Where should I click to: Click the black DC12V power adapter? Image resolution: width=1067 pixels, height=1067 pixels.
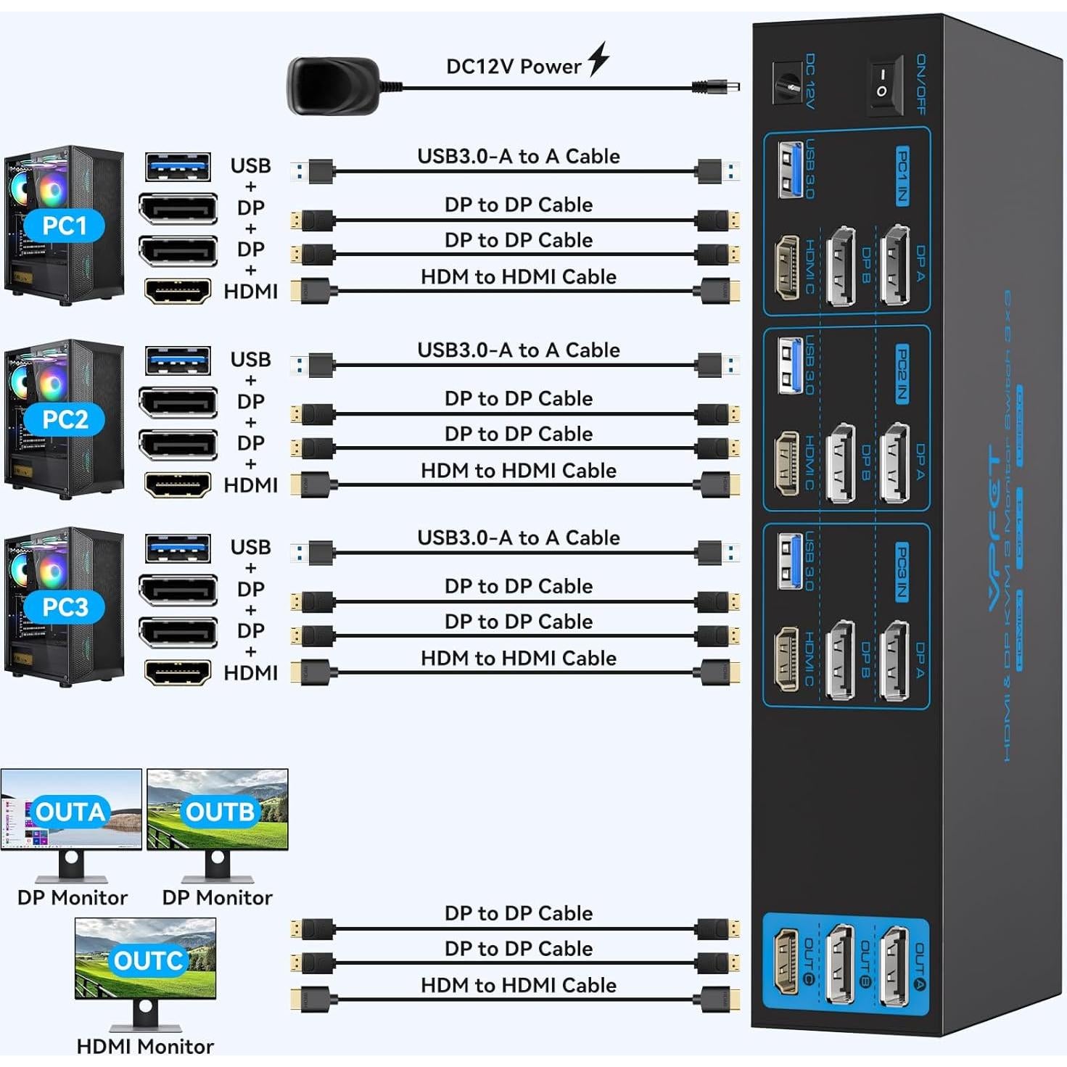coord(334,86)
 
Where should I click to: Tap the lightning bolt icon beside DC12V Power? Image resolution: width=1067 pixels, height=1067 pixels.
coord(598,59)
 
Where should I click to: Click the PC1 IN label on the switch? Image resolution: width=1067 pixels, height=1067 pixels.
coord(902,176)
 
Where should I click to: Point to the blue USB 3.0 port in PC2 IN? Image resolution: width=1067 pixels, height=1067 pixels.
coord(790,365)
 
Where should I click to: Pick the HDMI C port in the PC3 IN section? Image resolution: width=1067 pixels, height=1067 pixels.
coord(787,658)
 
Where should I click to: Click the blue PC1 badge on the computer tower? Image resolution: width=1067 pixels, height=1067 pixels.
coord(65,226)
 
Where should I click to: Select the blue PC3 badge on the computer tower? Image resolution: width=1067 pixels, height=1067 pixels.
coord(65,607)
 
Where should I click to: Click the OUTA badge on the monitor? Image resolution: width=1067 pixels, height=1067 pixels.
coord(70,812)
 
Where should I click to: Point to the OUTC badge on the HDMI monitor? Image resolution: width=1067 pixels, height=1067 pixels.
coord(147,960)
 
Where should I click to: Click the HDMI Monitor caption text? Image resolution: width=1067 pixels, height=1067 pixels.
coord(145,1046)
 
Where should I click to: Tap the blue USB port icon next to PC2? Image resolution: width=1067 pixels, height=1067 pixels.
coord(178,361)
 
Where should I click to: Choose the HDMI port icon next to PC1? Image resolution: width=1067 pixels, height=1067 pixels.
coord(178,291)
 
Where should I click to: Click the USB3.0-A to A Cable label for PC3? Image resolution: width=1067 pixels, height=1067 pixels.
coord(518,537)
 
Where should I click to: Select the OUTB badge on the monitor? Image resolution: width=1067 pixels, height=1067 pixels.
coord(220,812)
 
